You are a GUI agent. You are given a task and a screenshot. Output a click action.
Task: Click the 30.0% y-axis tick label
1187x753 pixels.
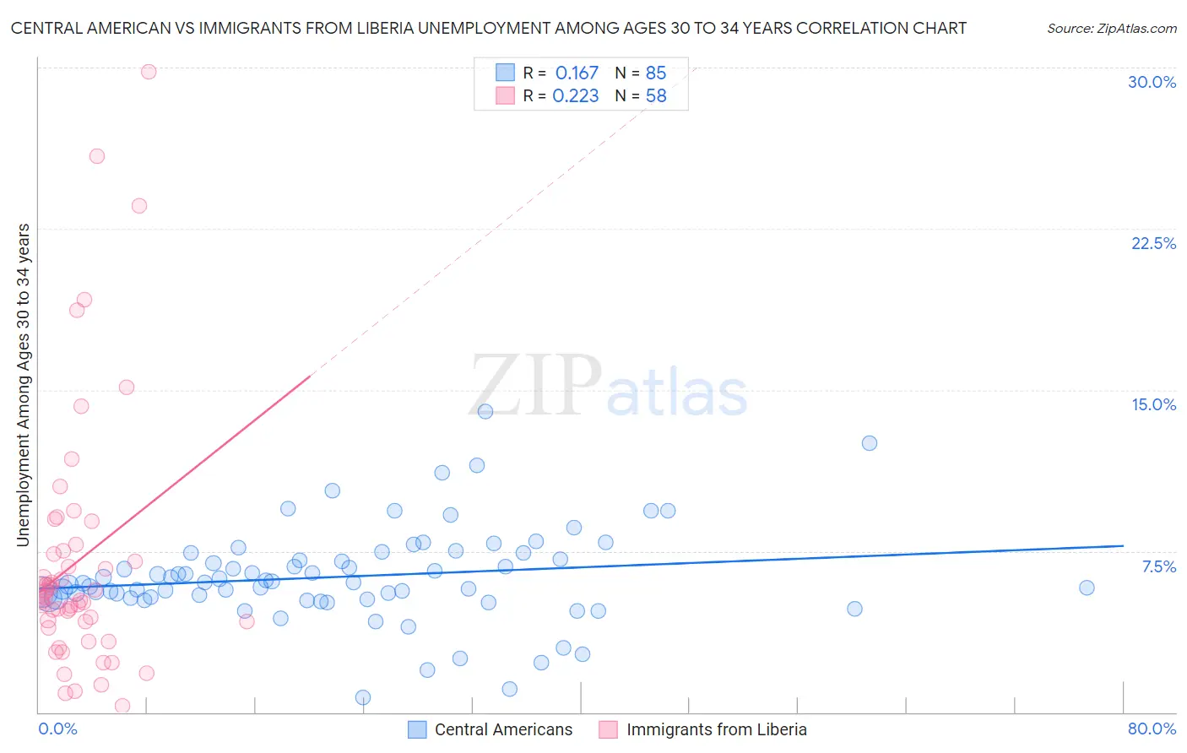click(x=1152, y=82)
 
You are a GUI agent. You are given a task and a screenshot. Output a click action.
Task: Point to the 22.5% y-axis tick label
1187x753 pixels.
click(x=1153, y=243)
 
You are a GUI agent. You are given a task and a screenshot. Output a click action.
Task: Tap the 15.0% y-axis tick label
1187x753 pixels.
click(x=1153, y=404)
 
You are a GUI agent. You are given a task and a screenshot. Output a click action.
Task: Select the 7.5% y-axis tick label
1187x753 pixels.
click(x=1158, y=566)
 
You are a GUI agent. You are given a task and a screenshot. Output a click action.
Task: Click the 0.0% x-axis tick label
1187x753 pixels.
click(x=57, y=729)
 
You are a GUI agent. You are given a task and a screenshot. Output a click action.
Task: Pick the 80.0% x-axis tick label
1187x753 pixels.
click(x=1152, y=729)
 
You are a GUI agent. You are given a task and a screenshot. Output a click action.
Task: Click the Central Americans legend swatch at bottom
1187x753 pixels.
click(x=417, y=729)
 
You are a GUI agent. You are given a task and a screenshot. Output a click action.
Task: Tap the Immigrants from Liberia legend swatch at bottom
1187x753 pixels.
click(x=609, y=729)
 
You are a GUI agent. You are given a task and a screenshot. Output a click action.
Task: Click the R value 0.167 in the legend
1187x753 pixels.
click(x=577, y=73)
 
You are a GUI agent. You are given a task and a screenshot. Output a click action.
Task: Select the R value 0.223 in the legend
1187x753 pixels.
click(x=576, y=96)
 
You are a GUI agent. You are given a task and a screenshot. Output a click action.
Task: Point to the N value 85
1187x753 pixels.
click(x=656, y=73)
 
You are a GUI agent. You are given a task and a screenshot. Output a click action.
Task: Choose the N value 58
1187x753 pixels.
click(x=656, y=96)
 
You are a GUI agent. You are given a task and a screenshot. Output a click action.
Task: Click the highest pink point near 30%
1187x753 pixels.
click(x=149, y=72)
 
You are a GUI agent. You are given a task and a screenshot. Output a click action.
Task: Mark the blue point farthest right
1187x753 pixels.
click(x=1087, y=588)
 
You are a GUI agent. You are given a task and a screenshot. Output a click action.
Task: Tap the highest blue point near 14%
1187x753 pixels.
click(x=485, y=411)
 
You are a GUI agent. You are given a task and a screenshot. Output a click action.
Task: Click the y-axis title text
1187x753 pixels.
click(x=23, y=385)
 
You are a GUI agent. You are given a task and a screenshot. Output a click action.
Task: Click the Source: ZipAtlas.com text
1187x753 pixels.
click(x=1111, y=29)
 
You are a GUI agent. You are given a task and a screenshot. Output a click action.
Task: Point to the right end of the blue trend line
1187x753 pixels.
click(x=1123, y=546)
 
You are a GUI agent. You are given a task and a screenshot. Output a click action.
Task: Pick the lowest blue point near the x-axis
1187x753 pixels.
click(x=363, y=697)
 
